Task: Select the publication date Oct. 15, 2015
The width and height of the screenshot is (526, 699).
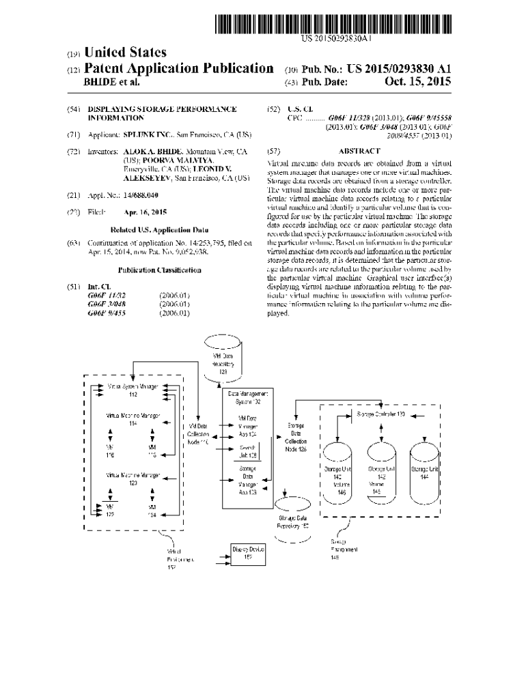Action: pyautogui.click(x=418, y=83)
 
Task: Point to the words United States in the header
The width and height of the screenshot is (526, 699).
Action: pyautogui.click(x=125, y=53)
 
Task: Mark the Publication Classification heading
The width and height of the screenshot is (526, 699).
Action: pyautogui.click(x=159, y=270)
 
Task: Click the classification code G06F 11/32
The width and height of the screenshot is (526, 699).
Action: pyautogui.click(x=106, y=296)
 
